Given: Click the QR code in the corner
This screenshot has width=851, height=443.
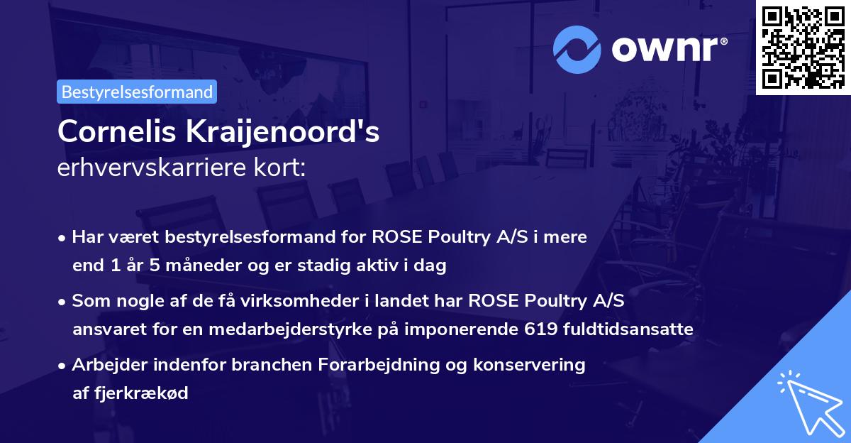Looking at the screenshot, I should pos(803,47).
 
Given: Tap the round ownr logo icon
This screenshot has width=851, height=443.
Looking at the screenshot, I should pos(577,50).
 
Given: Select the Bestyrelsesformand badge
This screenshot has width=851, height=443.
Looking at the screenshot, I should pos(137,92).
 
